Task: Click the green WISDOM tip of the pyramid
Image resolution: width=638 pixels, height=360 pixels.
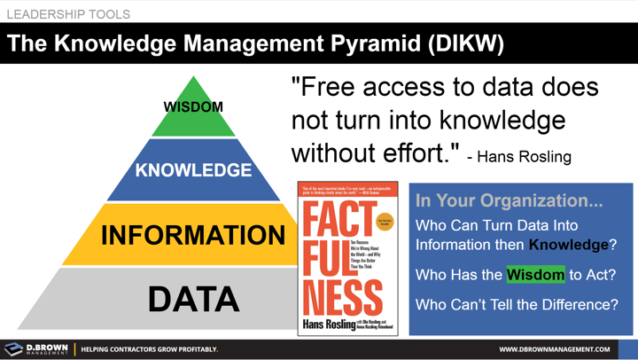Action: tap(193, 107)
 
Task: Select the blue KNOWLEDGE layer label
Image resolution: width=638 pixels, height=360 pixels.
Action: tap(193, 169)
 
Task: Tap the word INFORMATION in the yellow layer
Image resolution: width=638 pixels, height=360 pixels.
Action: tap(193, 235)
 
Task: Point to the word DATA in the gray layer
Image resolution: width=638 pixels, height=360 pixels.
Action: tap(193, 299)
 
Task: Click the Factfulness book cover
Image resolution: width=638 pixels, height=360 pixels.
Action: tap(347, 257)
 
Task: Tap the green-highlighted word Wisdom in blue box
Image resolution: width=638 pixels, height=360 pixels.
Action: tap(535, 275)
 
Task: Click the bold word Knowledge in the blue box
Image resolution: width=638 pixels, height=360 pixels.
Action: tap(568, 245)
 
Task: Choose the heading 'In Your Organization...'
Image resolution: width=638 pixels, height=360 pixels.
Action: tap(509, 201)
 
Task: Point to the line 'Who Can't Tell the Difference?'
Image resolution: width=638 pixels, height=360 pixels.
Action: tap(517, 304)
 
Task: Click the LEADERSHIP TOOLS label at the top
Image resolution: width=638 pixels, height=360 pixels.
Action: tap(67, 14)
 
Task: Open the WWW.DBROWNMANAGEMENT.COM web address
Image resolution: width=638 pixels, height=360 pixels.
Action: tap(554, 349)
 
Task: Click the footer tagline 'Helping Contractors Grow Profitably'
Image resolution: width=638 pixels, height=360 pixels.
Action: tap(149, 349)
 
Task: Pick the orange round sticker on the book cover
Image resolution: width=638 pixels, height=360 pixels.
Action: tap(383, 220)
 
